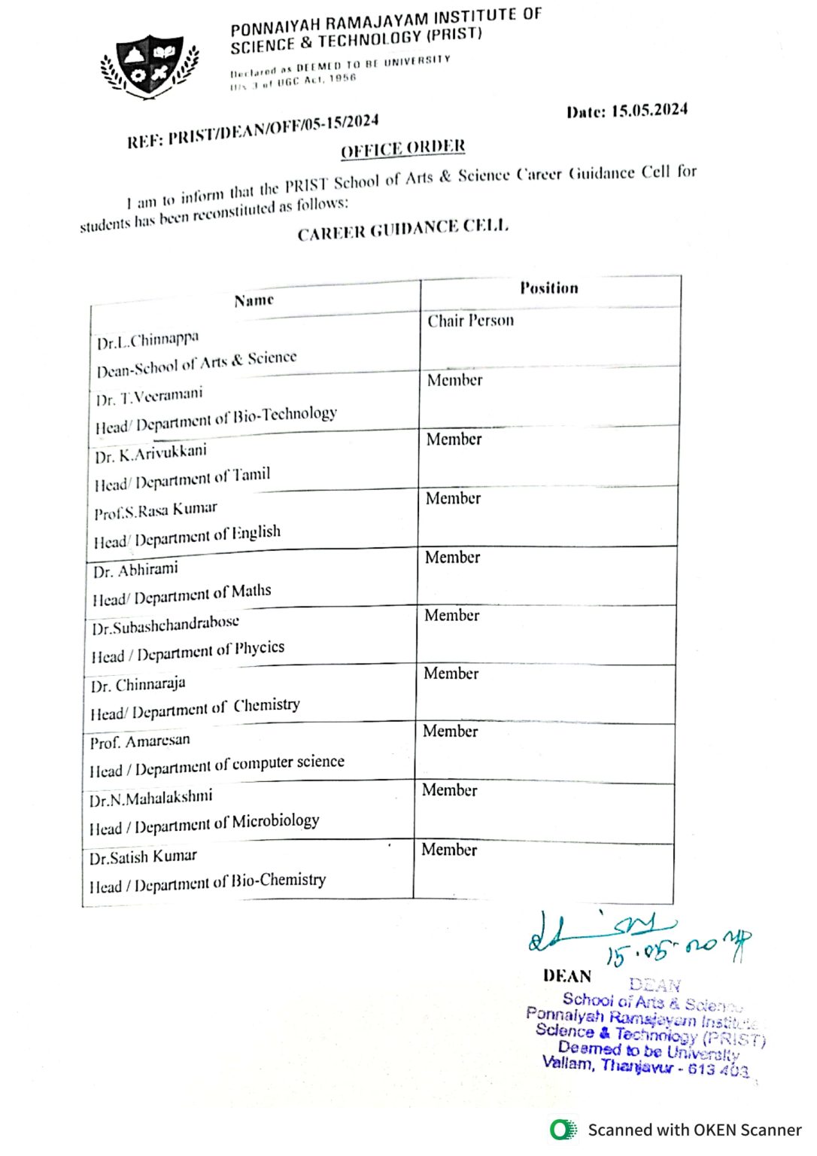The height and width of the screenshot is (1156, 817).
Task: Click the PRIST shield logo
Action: click(x=150, y=66)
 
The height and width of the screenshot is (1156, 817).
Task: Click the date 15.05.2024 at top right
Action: click(x=627, y=111)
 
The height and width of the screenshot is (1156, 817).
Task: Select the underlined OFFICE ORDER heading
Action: click(x=403, y=148)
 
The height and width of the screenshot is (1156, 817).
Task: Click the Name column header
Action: click(x=254, y=300)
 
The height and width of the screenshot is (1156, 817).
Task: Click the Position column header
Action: click(x=549, y=287)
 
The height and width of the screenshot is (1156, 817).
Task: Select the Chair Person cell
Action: click(x=471, y=321)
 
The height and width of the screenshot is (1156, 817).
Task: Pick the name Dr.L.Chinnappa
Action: click(x=148, y=340)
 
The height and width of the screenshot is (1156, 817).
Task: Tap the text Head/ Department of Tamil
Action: click(x=182, y=479)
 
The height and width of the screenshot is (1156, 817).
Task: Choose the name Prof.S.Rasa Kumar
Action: click(x=156, y=510)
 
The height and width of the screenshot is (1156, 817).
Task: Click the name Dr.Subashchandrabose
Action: click(x=166, y=625)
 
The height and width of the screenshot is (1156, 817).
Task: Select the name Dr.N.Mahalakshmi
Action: click(x=151, y=798)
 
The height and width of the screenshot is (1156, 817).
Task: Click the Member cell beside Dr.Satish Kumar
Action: click(x=449, y=850)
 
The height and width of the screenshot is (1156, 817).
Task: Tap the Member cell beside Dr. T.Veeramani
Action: click(x=455, y=380)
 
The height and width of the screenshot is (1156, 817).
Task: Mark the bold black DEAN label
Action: click(x=567, y=976)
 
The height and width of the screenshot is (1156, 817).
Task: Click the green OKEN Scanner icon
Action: click(x=563, y=1130)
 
